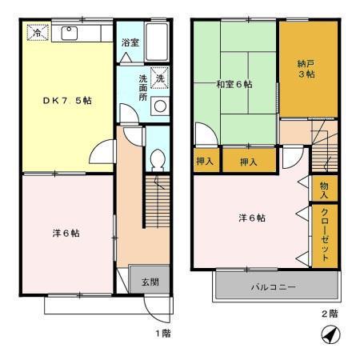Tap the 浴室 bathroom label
130,43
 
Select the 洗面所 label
142,87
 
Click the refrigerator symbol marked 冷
35,34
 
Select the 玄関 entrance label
150,281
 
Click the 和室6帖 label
233,84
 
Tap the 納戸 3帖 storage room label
307,68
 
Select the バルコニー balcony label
273,286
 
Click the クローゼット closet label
325,234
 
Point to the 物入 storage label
325,190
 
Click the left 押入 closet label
205,162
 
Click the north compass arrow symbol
327,336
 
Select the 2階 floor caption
330,314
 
